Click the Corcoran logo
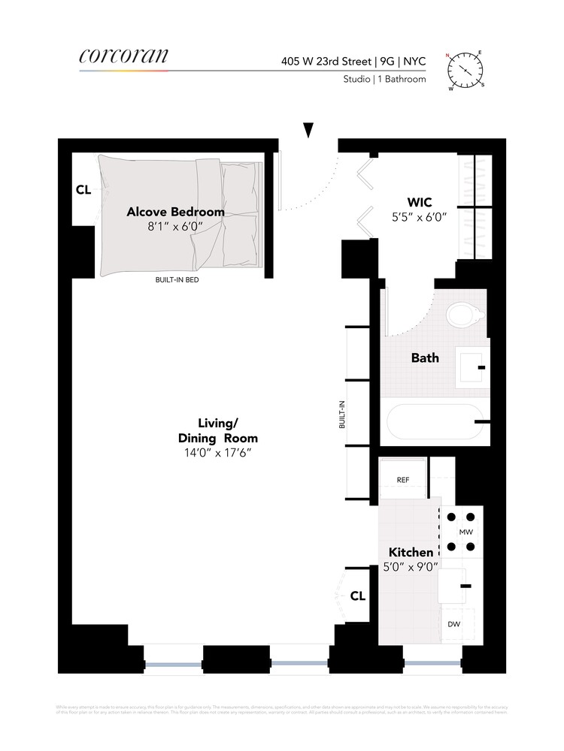tap(123, 56)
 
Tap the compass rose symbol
tap(466, 69)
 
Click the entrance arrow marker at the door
tap(308, 130)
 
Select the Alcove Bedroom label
tap(175, 212)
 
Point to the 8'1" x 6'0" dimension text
tap(175, 227)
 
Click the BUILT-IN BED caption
tap(177, 280)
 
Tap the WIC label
tap(419, 202)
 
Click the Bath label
tap(425, 358)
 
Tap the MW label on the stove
tap(465, 532)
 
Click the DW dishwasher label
tap(454, 624)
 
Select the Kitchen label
tap(411, 553)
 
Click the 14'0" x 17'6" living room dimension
tap(217, 454)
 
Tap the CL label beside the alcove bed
tap(83, 191)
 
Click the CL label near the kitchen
tap(358, 596)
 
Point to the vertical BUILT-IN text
tap(342, 414)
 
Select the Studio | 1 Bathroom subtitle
tap(384, 79)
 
